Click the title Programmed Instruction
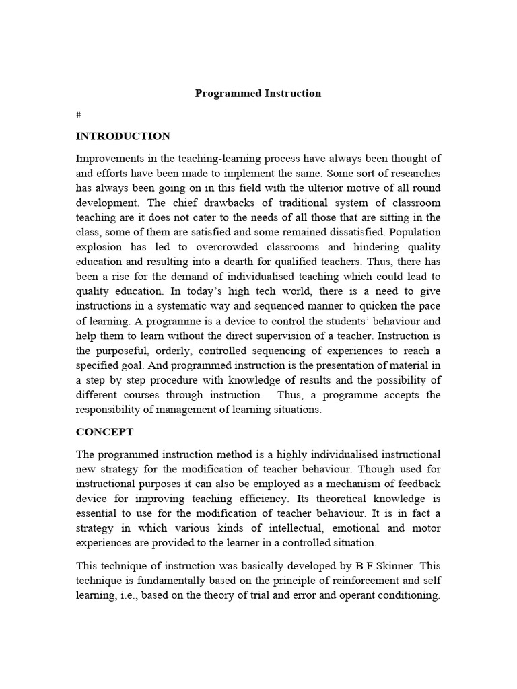pos(258,94)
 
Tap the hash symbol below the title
pos(78,116)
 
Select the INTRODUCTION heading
pos(123,137)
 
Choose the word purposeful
pos(128,351)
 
